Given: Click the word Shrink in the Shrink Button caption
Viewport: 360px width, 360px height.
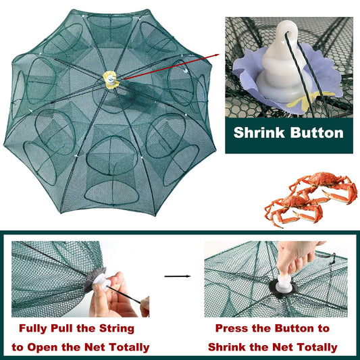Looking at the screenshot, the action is [259, 133].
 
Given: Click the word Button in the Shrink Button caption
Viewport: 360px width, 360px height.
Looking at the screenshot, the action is [317, 133].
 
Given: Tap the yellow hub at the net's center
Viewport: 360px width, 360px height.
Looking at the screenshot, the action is [111, 80].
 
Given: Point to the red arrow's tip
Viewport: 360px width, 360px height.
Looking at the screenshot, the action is [219, 55].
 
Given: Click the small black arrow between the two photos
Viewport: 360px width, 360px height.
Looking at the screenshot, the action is [178, 276].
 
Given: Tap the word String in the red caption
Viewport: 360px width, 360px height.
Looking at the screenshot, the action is [117, 328].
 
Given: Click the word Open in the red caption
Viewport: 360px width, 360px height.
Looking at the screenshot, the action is [43, 347].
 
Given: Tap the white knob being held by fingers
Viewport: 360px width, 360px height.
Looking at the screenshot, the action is [101, 281].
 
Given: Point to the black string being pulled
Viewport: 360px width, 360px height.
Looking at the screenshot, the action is [124, 295].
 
